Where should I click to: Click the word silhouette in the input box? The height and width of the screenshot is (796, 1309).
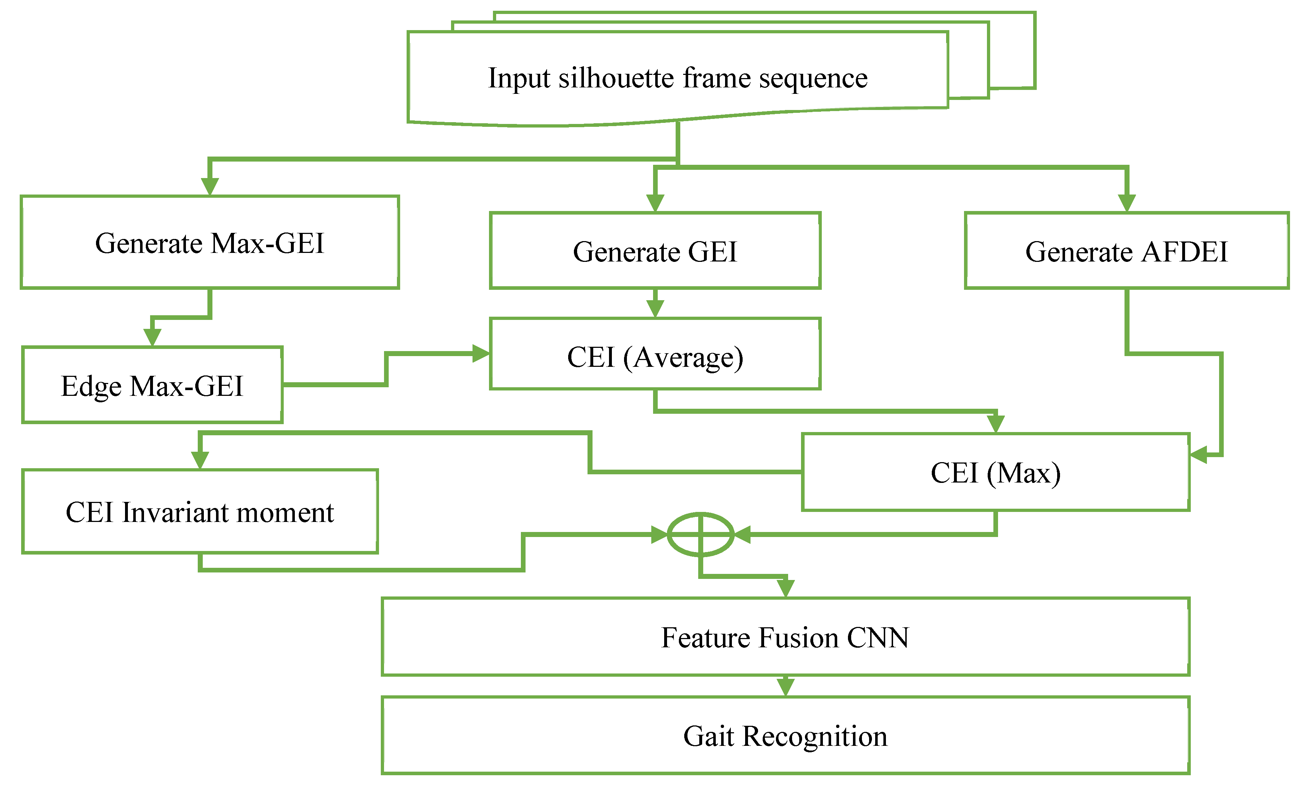[x=616, y=78]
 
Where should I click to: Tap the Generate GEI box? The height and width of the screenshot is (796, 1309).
[x=654, y=251]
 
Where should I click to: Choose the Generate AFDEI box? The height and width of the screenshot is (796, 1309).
[x=1126, y=251]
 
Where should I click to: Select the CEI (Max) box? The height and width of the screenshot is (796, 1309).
[x=995, y=472]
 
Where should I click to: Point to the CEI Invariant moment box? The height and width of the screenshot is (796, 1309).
[x=200, y=511]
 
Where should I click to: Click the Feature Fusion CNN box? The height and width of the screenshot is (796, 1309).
[x=785, y=637]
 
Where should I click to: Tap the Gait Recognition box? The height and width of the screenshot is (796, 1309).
[x=785, y=735]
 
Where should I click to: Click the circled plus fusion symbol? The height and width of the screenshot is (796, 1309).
[x=700, y=534]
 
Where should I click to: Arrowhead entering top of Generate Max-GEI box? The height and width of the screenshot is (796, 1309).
[x=210, y=187]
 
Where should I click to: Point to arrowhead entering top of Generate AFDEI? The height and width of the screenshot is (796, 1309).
[x=1126, y=203]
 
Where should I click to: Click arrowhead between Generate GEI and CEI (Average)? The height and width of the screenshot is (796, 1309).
[x=655, y=308]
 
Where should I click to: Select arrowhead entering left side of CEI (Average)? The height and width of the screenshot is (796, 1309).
[x=481, y=353]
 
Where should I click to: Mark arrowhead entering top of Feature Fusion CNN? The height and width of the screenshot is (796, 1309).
[x=785, y=588]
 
